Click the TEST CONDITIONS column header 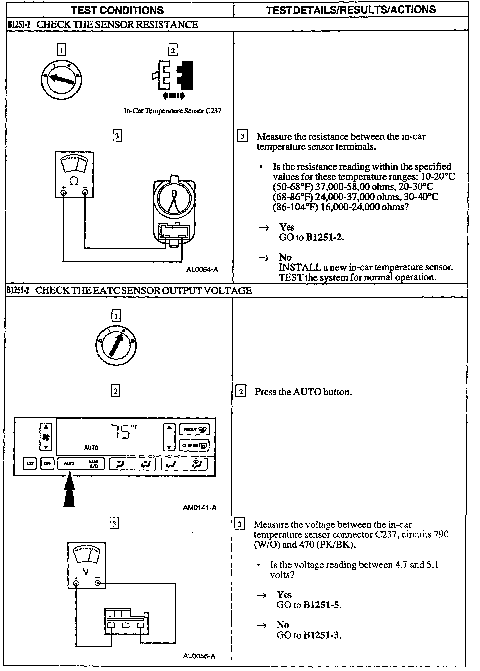tap(118, 10)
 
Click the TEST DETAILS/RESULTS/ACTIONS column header tap(351, 10)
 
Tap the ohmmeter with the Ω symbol tap(74, 175)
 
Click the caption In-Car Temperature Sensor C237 tap(173, 111)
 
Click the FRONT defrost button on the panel tap(194, 430)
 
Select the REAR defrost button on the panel tap(194, 445)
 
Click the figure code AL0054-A tap(202, 269)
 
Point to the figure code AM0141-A tap(200, 508)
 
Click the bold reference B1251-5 tap(322, 605)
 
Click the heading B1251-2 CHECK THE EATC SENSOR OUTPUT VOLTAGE tap(128, 291)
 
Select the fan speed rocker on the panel tap(46, 437)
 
